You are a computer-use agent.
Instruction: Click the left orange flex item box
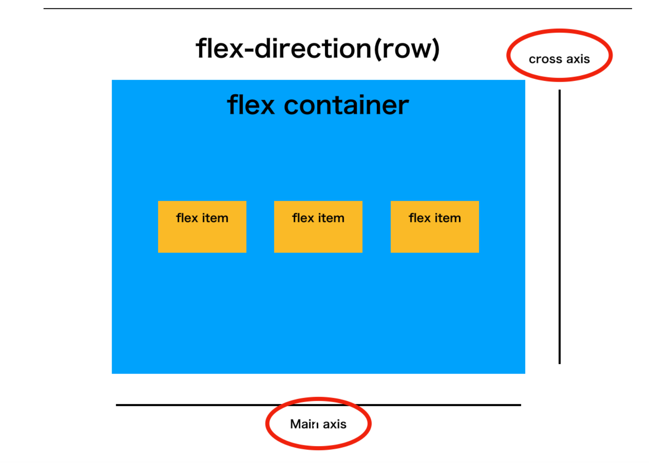(202, 227)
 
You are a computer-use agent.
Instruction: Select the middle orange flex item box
(318, 227)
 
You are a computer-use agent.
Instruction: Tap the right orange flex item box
(435, 227)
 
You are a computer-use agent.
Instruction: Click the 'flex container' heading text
(318, 105)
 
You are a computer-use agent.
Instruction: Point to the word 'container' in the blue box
(346, 105)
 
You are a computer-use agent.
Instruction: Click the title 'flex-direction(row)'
(317, 49)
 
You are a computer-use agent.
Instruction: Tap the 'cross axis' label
(559, 59)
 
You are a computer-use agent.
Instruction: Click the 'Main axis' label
(318, 424)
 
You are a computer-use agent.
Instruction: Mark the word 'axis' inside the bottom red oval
(335, 424)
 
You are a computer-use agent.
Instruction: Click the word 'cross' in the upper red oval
(545, 59)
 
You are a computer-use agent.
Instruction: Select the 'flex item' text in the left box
(202, 218)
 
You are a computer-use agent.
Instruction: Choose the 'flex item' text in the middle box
(318, 218)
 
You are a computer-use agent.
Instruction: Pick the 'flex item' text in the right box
(435, 218)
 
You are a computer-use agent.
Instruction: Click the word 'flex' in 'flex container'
(251, 105)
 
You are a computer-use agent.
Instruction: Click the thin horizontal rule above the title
(337, 8)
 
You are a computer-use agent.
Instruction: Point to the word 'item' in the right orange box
(447, 218)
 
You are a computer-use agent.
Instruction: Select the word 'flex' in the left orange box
(187, 218)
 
